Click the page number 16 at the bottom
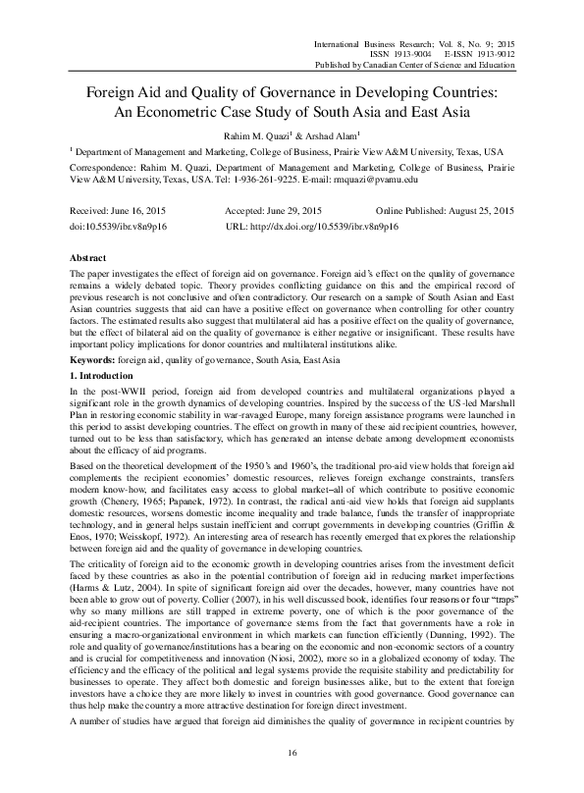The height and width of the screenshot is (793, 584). [x=292, y=751]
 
